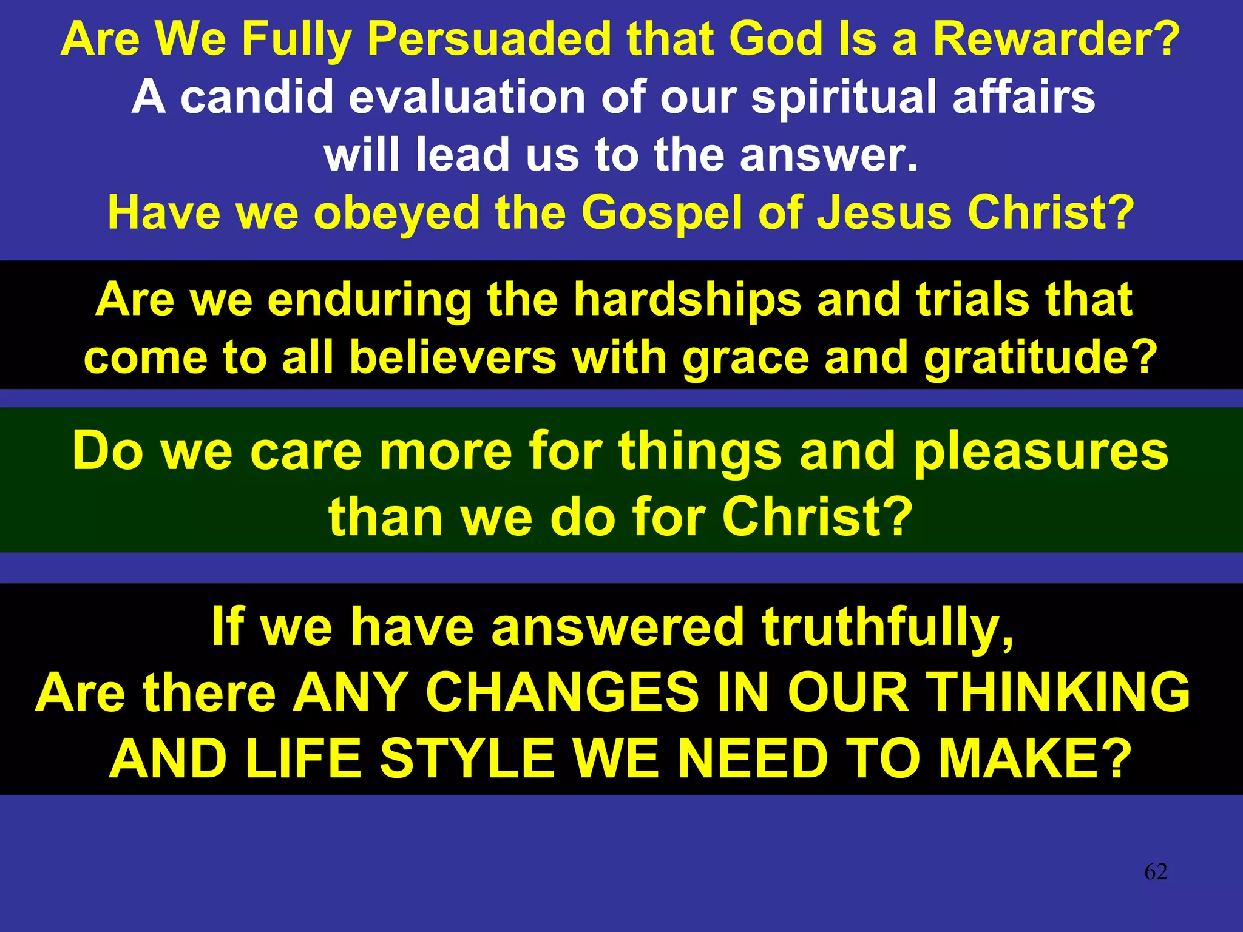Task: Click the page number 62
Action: tap(1156, 872)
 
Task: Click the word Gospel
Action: tap(662, 213)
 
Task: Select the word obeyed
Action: tap(397, 213)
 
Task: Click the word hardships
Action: tap(688, 299)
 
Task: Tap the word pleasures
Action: tap(1041, 451)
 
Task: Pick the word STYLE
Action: tap(467, 758)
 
